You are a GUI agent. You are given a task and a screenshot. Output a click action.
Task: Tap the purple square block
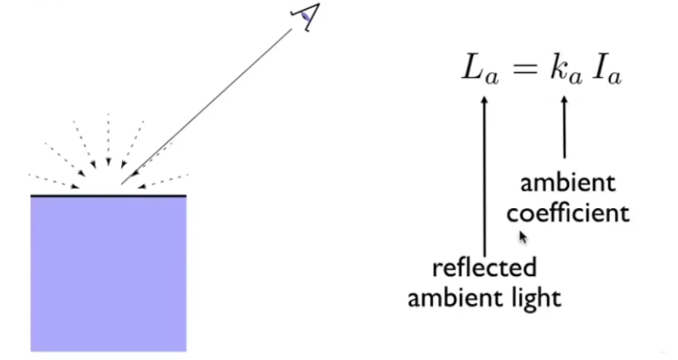coord(108,272)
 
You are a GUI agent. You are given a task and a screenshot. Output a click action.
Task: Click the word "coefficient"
coord(568,213)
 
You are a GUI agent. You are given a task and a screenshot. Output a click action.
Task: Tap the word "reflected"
coord(484,267)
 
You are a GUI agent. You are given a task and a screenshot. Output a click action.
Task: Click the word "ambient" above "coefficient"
coord(568,184)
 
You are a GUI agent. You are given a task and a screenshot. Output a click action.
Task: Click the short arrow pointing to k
coord(564,129)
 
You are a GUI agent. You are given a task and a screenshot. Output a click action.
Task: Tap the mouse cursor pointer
coord(522,237)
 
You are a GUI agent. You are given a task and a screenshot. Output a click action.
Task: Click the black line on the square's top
coord(108,196)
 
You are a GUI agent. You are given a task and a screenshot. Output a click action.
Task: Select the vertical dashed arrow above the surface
coord(108,140)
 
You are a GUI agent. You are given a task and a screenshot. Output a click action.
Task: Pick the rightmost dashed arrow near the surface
coord(165,180)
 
